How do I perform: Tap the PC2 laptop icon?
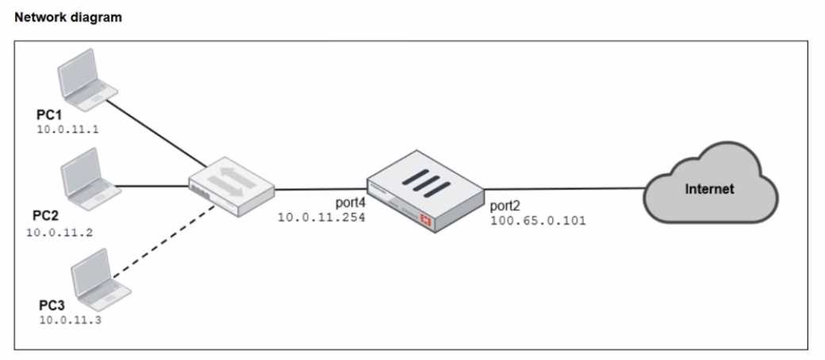click(88, 178)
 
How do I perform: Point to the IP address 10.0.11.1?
click(67, 128)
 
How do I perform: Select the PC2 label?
click(46, 216)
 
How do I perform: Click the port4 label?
click(347, 203)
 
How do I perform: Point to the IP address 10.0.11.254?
click(320, 216)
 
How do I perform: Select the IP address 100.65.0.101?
click(538, 221)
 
